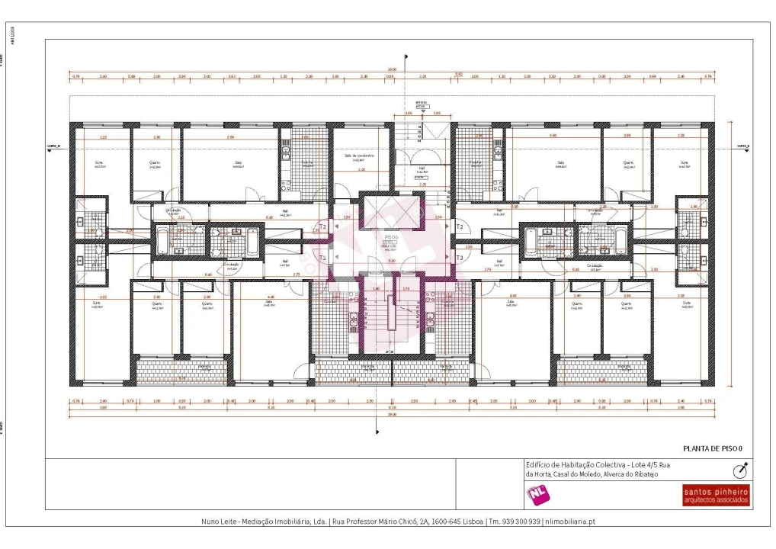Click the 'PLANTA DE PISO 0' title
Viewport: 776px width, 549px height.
pyautogui.click(x=713, y=448)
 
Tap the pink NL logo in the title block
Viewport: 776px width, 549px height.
pyautogui.click(x=538, y=495)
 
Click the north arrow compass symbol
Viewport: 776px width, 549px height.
pyautogui.click(x=739, y=470)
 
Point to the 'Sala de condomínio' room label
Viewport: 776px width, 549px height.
pyautogui.click(x=358, y=156)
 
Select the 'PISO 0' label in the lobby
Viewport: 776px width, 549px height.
pyautogui.click(x=391, y=237)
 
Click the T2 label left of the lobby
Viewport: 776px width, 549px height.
pyautogui.click(x=323, y=227)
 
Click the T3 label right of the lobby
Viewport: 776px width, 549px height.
pyautogui.click(x=460, y=258)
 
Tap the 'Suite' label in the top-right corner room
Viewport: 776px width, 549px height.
pyautogui.click(x=683, y=162)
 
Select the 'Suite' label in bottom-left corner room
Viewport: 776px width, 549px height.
pyautogui.click(x=96, y=302)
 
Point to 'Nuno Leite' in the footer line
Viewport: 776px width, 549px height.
pyautogui.click(x=220, y=522)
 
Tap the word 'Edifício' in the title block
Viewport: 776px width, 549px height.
pyautogui.click(x=538, y=464)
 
